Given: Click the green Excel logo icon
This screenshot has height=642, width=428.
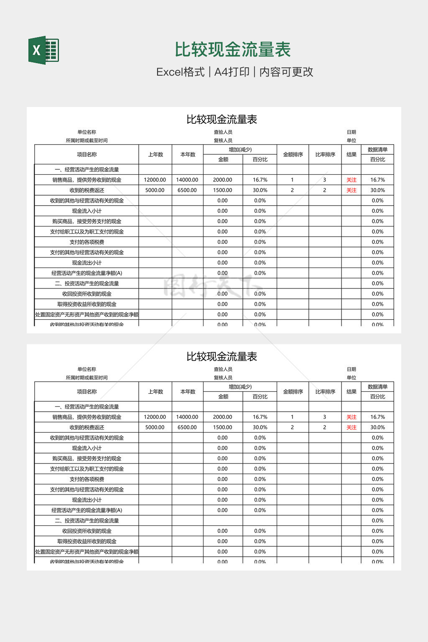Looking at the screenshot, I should click(43, 50).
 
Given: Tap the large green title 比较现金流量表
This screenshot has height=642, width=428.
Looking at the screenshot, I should click(232, 50).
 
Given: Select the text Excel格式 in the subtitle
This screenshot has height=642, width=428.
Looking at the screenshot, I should click(180, 72).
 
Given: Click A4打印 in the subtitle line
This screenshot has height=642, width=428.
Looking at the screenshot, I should click(232, 72).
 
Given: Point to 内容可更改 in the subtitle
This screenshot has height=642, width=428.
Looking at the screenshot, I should click(286, 72).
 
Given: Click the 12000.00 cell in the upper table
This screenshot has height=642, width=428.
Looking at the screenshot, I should click(155, 180).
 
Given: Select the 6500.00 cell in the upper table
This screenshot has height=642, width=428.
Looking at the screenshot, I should click(187, 190).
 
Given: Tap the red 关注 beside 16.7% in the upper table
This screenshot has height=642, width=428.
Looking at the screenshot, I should click(351, 180).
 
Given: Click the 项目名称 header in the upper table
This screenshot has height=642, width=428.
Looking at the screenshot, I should click(87, 155).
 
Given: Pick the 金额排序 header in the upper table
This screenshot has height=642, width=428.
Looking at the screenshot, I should click(293, 155).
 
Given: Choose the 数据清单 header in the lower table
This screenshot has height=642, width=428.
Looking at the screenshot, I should click(377, 387).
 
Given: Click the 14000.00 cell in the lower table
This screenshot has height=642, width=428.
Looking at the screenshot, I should click(187, 417).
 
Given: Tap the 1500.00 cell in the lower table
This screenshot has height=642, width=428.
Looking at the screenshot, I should click(222, 427).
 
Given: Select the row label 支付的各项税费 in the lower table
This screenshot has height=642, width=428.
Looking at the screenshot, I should click(87, 479).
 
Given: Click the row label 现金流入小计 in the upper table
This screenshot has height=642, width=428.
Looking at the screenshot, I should click(87, 211).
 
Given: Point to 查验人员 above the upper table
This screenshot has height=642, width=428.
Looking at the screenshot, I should click(223, 132).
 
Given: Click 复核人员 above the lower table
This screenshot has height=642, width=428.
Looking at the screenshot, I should click(223, 377).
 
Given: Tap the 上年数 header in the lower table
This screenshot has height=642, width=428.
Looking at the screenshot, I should click(155, 392).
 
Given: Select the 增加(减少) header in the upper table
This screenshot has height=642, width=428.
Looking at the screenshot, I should click(240, 150).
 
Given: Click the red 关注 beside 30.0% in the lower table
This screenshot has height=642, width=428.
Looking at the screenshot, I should click(351, 427).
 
